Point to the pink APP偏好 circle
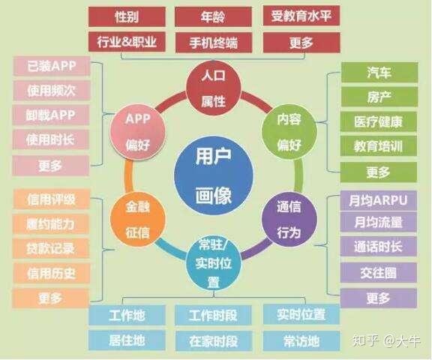coord(138,129)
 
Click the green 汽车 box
coord(379,73)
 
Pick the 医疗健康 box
coord(379,121)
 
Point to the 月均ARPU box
coord(379,200)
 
